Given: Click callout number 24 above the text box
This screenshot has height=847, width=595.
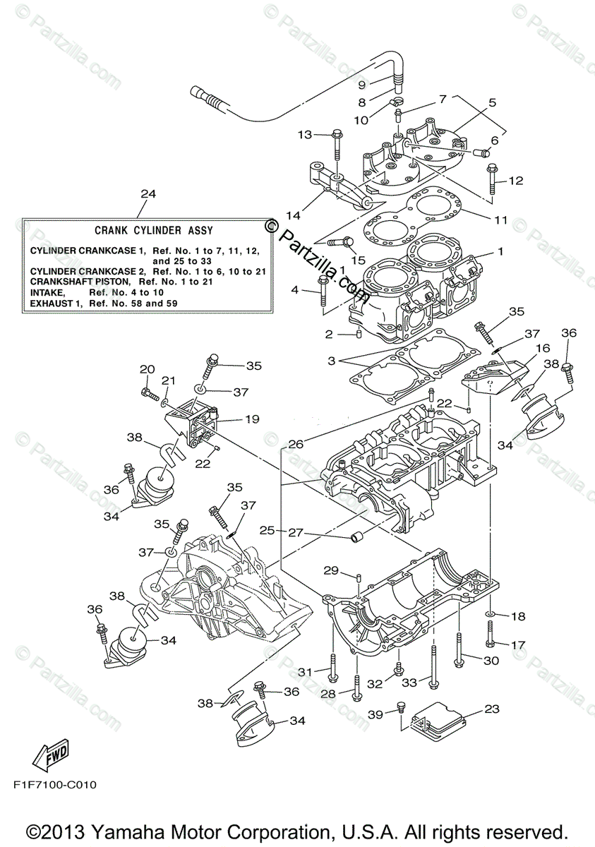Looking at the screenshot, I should tap(148, 193).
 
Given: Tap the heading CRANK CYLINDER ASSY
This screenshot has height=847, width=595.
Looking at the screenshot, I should tap(154, 231).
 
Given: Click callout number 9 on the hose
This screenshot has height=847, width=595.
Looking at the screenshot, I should tap(361, 85).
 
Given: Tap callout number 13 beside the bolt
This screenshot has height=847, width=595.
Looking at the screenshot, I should tap(304, 134).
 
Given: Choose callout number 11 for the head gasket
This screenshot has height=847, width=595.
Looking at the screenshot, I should tap(500, 220).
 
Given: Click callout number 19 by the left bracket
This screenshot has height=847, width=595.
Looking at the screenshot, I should tap(252, 419).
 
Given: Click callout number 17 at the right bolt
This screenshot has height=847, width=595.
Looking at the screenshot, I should tap(518, 644).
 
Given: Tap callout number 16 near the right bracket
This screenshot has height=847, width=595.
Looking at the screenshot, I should tap(541, 348).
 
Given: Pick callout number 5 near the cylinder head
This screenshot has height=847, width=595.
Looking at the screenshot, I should tap(492, 102).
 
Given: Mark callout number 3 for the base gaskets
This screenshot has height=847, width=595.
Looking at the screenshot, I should tap(331, 361).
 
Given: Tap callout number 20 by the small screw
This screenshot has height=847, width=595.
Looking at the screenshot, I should tap(147, 369).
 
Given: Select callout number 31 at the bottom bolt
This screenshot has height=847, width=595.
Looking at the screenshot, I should tap(304, 671).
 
